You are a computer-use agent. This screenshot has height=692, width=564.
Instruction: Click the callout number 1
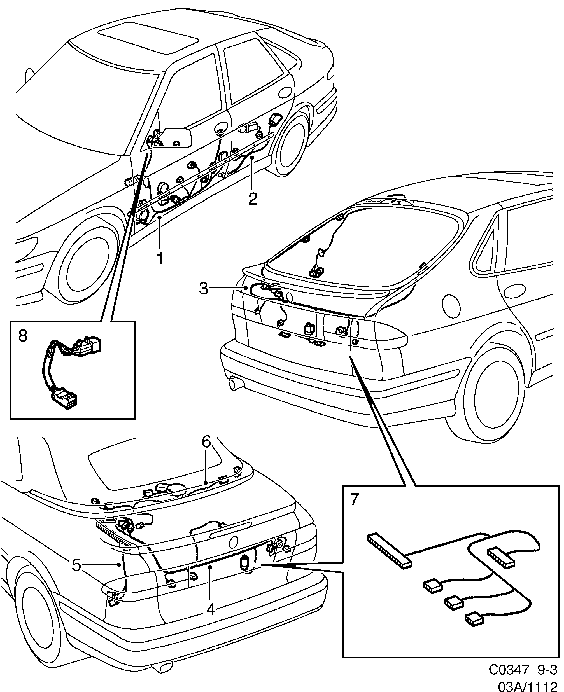point(160,259)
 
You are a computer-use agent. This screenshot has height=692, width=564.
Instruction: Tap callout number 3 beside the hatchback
point(203,288)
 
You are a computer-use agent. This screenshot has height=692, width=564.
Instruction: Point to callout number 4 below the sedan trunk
point(211,609)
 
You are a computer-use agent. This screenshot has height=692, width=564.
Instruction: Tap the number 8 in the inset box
point(23,336)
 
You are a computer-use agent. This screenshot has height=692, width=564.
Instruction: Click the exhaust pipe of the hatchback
point(236,383)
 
